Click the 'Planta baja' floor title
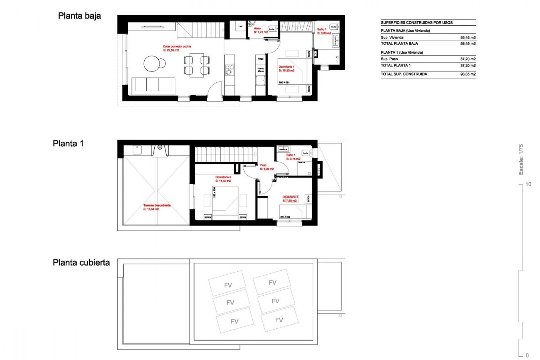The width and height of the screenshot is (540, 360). click(79, 16)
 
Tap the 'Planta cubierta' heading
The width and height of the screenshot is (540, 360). click(81, 262)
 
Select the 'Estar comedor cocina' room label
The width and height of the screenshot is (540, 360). click(177, 46)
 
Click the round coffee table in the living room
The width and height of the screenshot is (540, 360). click(153, 64)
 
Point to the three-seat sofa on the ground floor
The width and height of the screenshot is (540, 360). click(153, 84)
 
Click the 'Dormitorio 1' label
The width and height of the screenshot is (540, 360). click(286, 67)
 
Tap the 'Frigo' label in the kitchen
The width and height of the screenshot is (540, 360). click(260, 59)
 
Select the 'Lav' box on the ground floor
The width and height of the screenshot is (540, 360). click(240, 26)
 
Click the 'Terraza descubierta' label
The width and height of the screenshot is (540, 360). click(157, 205)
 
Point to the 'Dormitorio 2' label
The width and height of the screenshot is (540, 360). click(223, 177)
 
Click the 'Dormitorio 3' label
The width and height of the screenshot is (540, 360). click(290, 197)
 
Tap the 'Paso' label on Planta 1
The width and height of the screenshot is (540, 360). click(263, 165)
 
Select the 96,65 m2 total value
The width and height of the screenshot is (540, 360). click(468, 74)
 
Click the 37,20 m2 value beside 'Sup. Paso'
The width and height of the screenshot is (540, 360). click(468, 59)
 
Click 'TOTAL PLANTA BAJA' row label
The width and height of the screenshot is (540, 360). click(399, 44)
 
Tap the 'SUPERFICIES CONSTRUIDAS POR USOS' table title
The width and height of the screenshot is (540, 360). click(417, 22)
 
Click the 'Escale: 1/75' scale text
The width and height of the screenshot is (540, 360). click(521, 159)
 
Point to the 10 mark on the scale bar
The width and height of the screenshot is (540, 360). click(528, 184)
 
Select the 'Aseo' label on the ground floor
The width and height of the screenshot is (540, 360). click(257, 28)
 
